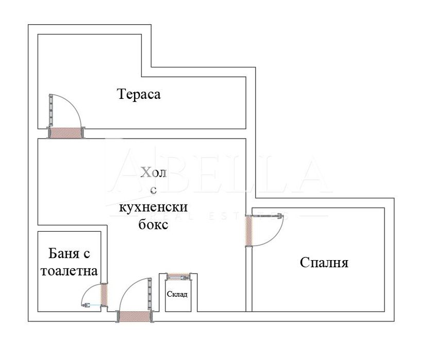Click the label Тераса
(139, 95)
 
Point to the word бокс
(153, 225)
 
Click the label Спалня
(324, 263)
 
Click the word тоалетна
(70, 271)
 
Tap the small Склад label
(177, 295)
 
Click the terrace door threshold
(66, 133)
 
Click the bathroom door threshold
(104, 295)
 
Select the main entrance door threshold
(135, 317)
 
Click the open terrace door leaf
(51, 110)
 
